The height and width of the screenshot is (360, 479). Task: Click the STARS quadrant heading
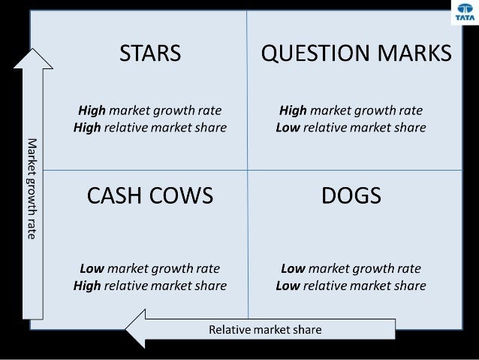tap(150, 53)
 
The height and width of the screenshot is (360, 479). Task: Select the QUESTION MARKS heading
tap(356, 53)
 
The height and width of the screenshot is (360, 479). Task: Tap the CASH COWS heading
tap(150, 196)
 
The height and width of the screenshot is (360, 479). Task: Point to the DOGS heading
tap(351, 196)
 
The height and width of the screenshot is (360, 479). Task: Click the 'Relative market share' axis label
tap(265, 329)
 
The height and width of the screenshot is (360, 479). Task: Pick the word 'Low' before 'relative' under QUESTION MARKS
tap(288, 128)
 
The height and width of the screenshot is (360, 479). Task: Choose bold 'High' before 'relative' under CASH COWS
tap(87, 286)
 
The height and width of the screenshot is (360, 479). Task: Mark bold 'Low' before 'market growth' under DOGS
tap(293, 268)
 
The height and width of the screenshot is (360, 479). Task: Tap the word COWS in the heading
tap(182, 196)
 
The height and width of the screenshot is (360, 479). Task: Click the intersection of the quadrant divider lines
tap(248, 170)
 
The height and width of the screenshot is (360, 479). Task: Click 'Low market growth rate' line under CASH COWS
tap(150, 268)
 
